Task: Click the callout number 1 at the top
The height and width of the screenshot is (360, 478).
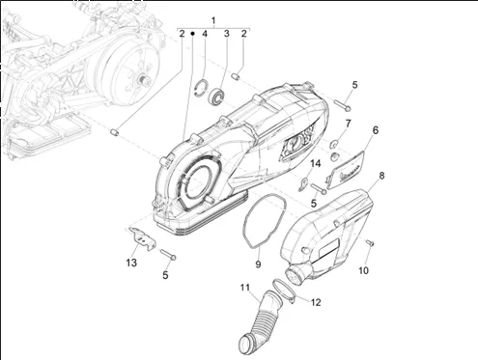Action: pyautogui.click(x=213, y=21)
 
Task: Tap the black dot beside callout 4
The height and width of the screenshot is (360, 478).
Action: pyautogui.click(x=193, y=33)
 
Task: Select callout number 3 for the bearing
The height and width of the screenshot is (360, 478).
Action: pyautogui.click(x=227, y=34)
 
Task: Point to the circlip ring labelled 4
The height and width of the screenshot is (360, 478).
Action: pyautogui.click(x=203, y=87)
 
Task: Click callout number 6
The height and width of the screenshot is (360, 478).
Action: pyautogui.click(x=376, y=130)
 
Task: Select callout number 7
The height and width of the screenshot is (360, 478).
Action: pyautogui.click(x=348, y=124)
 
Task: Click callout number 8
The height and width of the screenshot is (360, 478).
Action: pyautogui.click(x=381, y=176)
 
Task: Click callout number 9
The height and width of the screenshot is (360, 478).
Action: pyautogui.click(x=258, y=264)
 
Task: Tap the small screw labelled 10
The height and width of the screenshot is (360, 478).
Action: pyautogui.click(x=370, y=243)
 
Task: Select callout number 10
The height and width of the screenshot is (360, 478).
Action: pyautogui.click(x=363, y=270)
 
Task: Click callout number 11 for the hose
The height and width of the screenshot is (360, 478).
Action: pyautogui.click(x=245, y=288)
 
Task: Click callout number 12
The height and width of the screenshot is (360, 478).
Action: pyautogui.click(x=316, y=302)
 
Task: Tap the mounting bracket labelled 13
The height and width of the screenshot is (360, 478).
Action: pyautogui.click(x=141, y=238)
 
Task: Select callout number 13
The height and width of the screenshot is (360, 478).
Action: pyautogui.click(x=131, y=263)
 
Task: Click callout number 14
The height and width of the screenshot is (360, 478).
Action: pyautogui.click(x=316, y=163)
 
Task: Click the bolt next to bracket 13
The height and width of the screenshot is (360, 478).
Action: pyautogui.click(x=168, y=254)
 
